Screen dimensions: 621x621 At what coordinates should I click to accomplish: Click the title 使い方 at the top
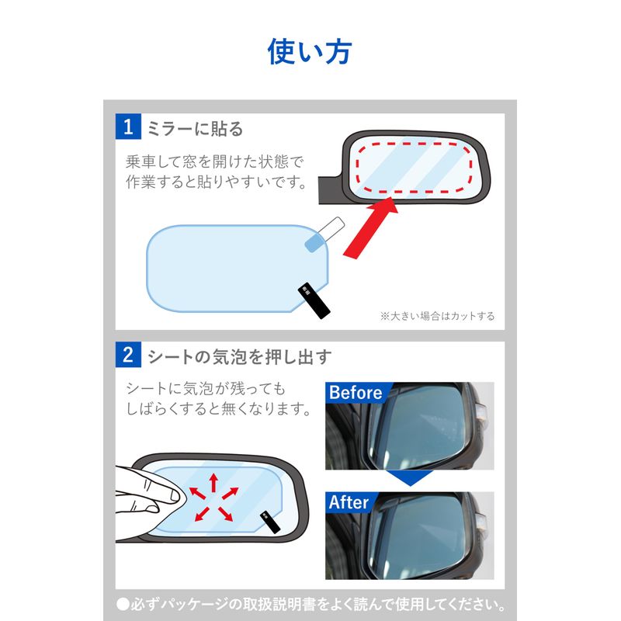tap(310, 51)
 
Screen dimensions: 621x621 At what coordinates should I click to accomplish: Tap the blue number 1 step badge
tap(128, 127)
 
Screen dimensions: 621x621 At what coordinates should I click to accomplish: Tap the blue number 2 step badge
tap(128, 355)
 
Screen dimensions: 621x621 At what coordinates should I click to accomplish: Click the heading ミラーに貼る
tap(195, 129)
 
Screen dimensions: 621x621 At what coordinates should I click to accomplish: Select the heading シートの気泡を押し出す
tap(240, 356)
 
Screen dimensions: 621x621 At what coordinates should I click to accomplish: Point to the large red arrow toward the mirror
tap(370, 227)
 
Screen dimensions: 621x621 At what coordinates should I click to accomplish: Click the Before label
tap(356, 393)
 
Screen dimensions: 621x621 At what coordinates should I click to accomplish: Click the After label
tap(349, 502)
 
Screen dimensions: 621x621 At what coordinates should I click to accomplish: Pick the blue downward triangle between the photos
tap(410, 477)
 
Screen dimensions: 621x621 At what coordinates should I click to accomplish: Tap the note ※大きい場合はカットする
tap(437, 316)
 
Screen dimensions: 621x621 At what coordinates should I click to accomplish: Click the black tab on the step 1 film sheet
tap(314, 300)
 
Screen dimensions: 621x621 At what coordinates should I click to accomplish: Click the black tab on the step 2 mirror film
tap(270, 522)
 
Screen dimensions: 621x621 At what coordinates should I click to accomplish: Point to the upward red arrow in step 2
tap(213, 482)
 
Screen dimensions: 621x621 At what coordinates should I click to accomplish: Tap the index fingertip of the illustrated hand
tap(175, 495)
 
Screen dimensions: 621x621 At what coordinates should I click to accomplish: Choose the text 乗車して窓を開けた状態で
tap(215, 161)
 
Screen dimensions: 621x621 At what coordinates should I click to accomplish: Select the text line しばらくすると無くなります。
tap(218, 408)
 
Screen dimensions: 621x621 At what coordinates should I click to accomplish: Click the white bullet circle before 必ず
tap(123, 604)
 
